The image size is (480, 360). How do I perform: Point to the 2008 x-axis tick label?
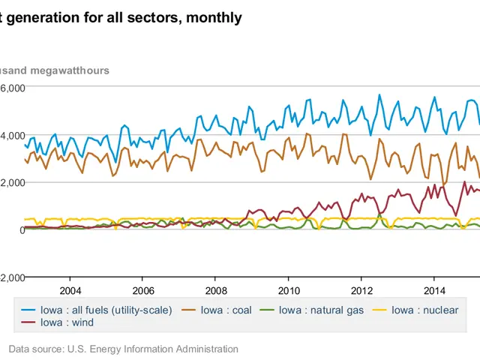216,290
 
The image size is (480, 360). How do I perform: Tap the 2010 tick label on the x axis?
289,290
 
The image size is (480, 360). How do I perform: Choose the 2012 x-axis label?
361,290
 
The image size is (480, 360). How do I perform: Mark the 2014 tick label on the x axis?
434,290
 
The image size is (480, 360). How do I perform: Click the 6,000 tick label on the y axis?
13,88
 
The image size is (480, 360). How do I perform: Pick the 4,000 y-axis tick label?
13,135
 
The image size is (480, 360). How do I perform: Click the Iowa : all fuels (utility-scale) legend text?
106,310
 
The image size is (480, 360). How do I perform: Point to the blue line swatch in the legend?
28,310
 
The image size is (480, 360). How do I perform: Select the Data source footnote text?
124,349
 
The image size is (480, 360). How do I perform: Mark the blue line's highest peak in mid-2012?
379,95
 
